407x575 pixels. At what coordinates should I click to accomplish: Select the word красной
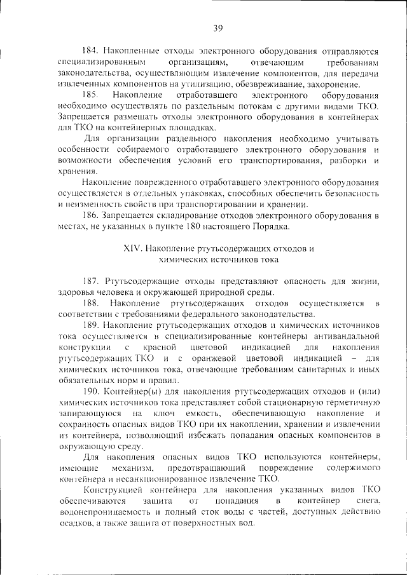pyautogui.click(x=160, y=348)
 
